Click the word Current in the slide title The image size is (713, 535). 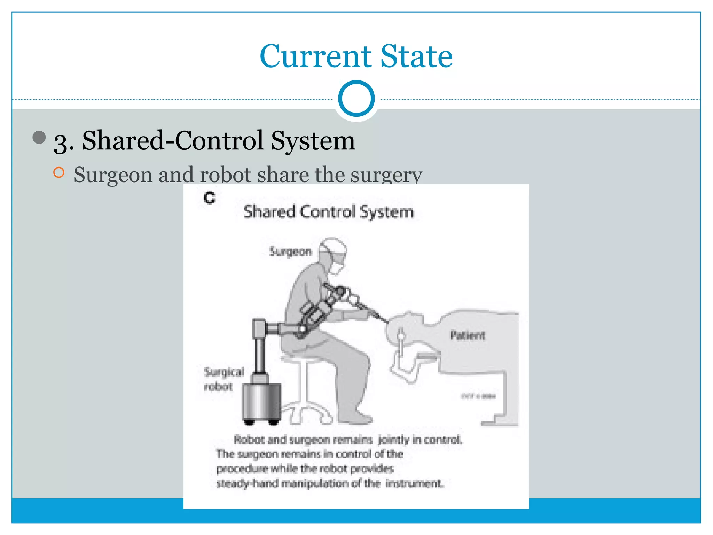pos(315,56)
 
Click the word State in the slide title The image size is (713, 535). pos(416,56)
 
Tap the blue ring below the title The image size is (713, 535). pos(356,99)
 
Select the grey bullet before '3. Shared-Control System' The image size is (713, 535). pos(39,137)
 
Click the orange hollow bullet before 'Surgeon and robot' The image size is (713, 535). pos(59,172)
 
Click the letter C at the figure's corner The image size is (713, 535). pos(210,198)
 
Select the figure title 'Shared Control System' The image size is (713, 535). pos(329,212)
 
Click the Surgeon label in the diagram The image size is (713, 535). pos(291,251)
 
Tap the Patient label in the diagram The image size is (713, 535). pos(467,335)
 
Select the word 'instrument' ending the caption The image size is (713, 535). pos(414,483)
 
